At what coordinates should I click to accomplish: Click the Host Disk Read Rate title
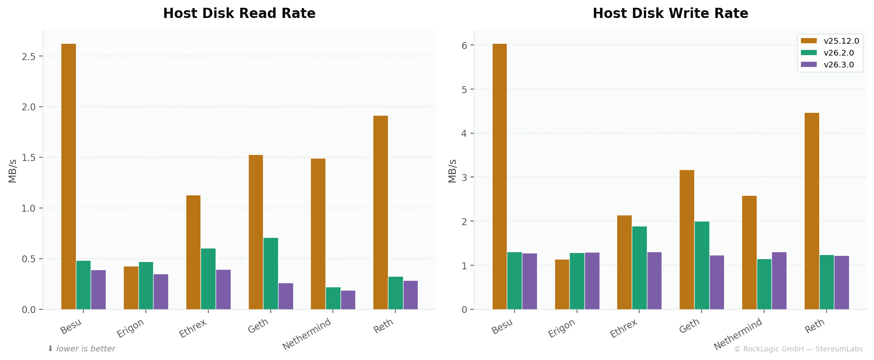239,13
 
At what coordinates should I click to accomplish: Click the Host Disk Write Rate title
670,13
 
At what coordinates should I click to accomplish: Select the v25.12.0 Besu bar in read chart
69,176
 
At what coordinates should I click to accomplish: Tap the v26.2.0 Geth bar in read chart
270,273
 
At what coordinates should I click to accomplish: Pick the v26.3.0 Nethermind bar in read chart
348,300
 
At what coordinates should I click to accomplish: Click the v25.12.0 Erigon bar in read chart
131,288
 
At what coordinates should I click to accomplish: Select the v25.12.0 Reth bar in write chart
812,211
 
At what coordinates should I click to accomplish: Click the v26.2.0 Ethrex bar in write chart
639,268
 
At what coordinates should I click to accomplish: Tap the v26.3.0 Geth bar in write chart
717,282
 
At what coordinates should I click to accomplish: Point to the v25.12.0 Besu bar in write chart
499,176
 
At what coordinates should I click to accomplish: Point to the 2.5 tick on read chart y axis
29,56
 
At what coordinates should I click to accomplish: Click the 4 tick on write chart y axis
464,133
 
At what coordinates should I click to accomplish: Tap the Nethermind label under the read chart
307,334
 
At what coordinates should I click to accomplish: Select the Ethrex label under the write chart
624,329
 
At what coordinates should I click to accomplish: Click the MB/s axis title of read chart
13,171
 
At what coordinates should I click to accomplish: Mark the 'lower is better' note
82,349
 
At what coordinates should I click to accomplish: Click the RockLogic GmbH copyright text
798,349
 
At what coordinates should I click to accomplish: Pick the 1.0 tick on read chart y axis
29,208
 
